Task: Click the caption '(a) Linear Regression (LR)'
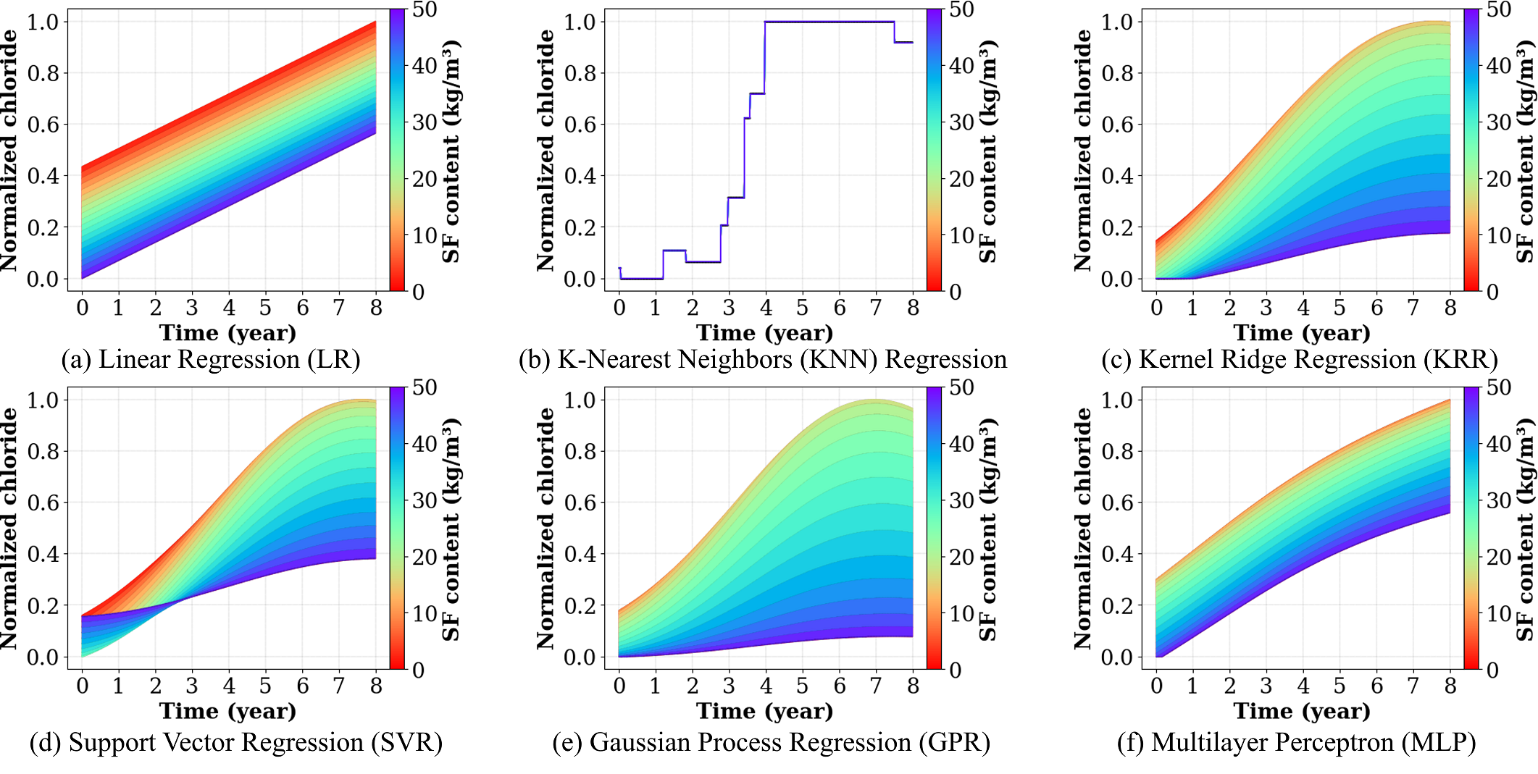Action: point(210,360)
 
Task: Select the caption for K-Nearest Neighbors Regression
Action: point(762,360)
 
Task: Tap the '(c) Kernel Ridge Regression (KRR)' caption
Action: point(1300,360)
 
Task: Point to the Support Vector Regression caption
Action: point(235,743)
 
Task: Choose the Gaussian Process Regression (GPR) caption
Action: point(771,743)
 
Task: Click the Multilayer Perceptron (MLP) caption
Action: point(1296,743)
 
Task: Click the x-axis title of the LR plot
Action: point(227,333)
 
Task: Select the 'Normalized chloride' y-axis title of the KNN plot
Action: point(546,151)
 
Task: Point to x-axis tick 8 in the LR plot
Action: point(376,308)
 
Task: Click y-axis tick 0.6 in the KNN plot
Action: point(580,125)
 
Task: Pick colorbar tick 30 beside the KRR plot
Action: point(1499,122)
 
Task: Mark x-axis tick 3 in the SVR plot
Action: point(192,686)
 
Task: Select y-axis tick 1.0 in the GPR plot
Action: point(580,400)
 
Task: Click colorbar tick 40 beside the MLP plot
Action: point(1499,444)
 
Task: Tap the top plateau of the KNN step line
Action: point(829,22)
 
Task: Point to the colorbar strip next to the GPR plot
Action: point(934,528)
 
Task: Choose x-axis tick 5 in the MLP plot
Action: point(1340,686)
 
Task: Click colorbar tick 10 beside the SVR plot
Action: point(425,613)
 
